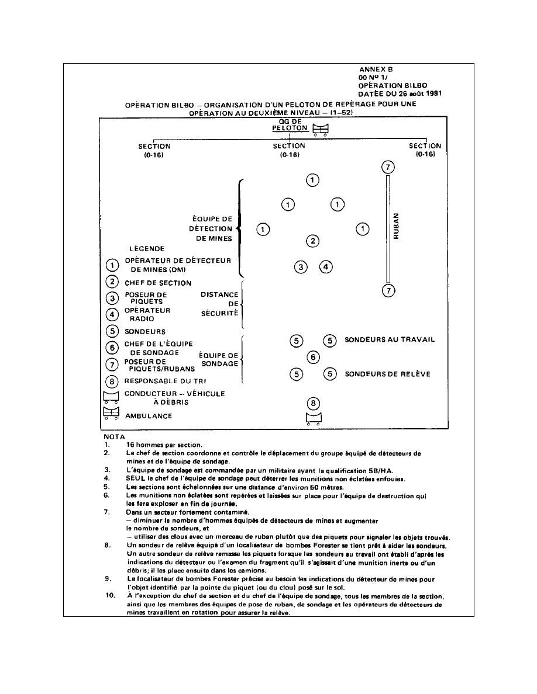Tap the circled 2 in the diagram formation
point(313,241)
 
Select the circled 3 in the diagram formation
point(301,267)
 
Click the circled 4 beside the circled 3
point(326,267)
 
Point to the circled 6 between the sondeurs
point(313,357)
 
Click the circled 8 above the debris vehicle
point(314,402)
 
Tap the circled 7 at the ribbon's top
point(387,167)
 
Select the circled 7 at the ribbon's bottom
point(387,290)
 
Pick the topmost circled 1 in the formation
point(313,180)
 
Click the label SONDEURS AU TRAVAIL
point(390,339)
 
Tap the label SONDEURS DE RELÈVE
point(388,374)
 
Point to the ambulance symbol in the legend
point(111,413)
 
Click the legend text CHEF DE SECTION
point(157,283)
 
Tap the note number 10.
point(108,596)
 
